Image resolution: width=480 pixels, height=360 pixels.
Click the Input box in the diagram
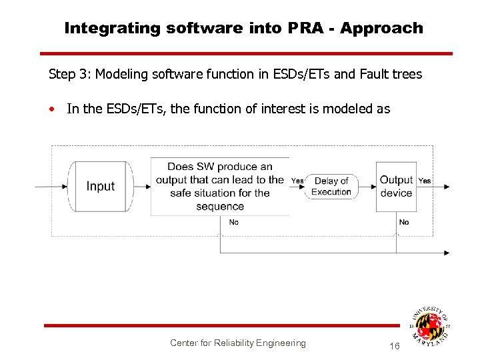click(101, 187)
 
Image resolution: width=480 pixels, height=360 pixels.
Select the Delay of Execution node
click(331, 187)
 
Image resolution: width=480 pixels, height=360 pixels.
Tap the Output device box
click(396, 187)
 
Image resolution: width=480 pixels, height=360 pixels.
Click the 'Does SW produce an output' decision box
click(219, 187)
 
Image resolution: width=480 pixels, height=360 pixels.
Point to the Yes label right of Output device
click(425, 181)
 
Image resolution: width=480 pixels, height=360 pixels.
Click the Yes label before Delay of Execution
click(297, 181)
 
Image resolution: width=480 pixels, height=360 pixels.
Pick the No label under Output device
click(404, 222)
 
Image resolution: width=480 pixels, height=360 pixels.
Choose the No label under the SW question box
click(233, 222)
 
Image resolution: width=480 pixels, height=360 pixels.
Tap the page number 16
click(394, 346)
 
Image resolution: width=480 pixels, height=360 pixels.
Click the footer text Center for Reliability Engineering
click(237, 343)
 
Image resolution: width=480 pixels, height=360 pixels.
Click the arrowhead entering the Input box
click(65, 187)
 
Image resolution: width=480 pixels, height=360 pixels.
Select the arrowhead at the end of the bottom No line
click(446, 253)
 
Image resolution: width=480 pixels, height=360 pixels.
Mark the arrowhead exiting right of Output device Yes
click(446, 187)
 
